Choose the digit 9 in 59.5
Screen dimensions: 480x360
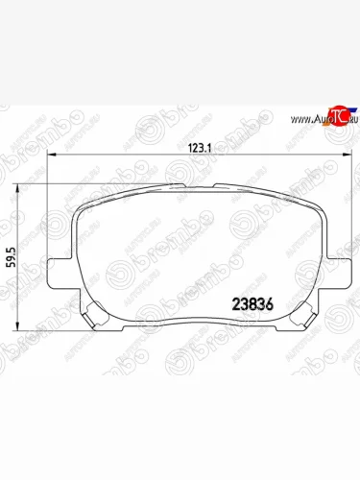11,255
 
